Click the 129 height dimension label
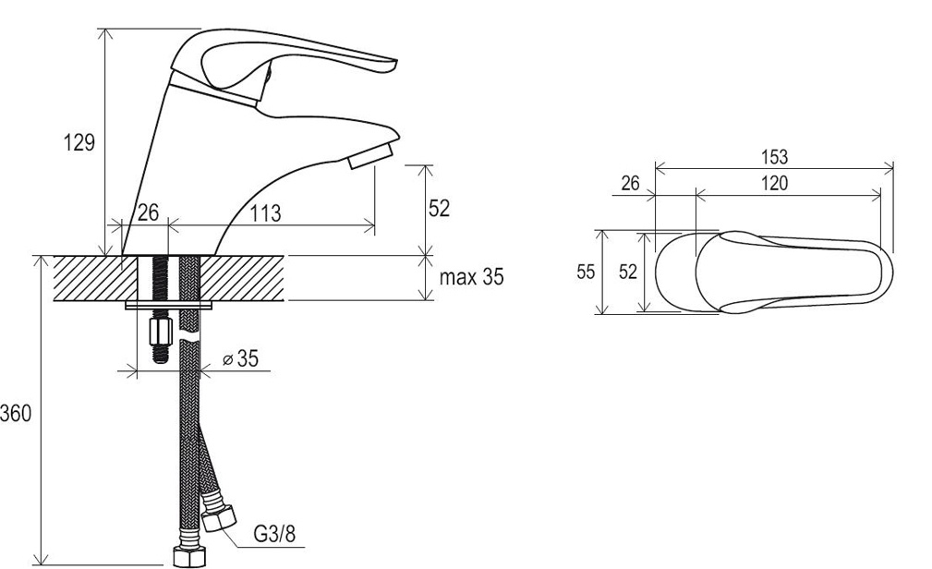79,142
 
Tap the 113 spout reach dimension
264,212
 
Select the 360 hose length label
16,413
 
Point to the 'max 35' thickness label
471,276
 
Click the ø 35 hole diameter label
241,358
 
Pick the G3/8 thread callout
274,534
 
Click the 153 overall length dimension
774,157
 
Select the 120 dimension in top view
774,183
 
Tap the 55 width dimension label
586,272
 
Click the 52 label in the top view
628,272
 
